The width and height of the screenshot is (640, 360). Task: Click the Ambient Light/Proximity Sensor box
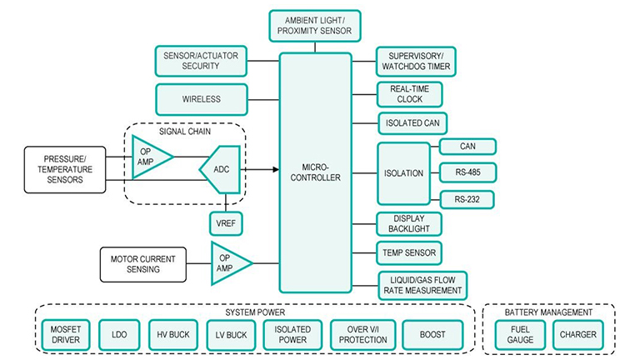coord(317,26)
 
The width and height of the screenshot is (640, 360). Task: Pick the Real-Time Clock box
coord(409,93)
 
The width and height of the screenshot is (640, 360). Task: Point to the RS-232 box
coord(467,199)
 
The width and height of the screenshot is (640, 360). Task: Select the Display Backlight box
coord(409,223)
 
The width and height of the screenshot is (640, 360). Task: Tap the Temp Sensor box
coord(409,252)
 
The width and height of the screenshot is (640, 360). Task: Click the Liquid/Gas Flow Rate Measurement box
coord(422,284)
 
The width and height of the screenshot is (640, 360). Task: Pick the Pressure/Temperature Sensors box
coord(64,169)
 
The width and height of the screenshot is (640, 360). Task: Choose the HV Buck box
coord(172,335)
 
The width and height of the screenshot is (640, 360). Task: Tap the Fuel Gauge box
coord(520,335)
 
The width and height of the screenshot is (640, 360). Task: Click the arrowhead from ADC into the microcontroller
coord(274,169)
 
